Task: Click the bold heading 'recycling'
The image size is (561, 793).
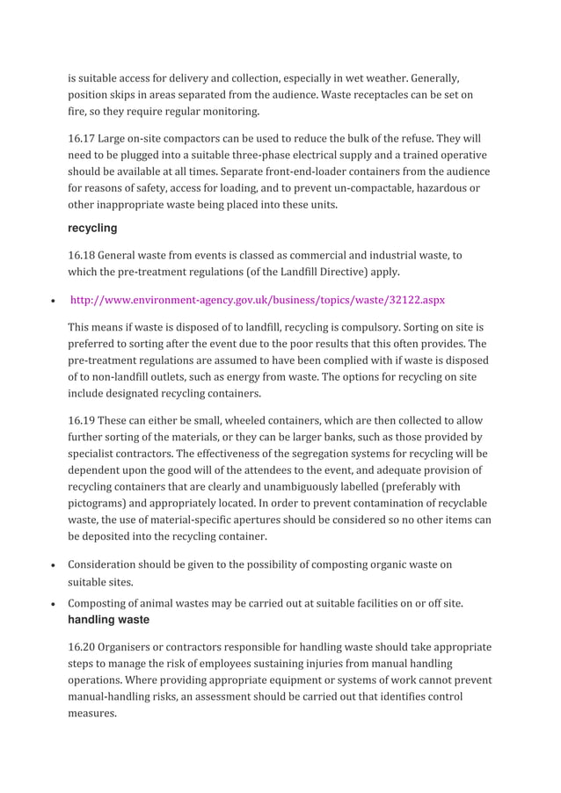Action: pos(92,228)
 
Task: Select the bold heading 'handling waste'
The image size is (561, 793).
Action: pos(108,619)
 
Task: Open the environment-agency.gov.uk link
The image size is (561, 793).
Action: pos(257,300)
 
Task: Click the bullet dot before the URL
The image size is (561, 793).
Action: pos(55,301)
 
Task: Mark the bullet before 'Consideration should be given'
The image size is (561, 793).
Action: pos(55,565)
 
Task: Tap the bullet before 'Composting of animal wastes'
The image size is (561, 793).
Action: pos(55,604)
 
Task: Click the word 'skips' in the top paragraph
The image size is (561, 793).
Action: pos(129,95)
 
